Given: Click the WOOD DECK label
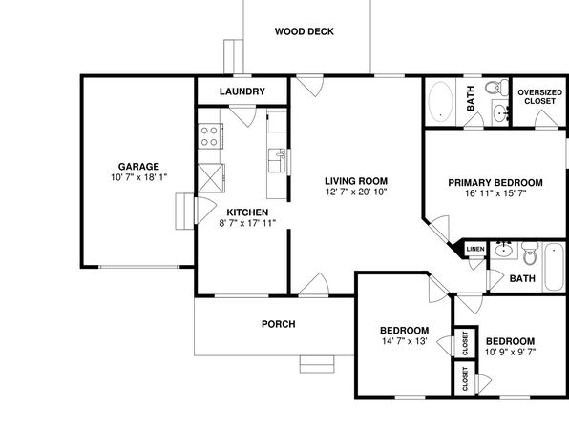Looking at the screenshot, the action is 305,31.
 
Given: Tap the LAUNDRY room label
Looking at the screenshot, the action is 242,91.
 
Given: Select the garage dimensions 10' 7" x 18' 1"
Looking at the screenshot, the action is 139,177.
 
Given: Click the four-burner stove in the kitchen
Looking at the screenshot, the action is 210,136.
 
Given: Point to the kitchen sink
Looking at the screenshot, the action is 277,160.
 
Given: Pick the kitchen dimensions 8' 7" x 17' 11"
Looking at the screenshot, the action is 247,223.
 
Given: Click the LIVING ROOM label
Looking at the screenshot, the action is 356,181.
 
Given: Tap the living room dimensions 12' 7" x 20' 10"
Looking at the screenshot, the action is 356,192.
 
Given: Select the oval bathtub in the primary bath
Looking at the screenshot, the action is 440,101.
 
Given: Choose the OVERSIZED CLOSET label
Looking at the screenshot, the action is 540,97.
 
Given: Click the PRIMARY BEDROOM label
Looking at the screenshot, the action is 495,183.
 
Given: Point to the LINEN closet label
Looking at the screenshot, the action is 475,249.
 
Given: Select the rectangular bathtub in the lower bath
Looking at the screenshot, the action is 554,267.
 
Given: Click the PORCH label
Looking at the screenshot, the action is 279,324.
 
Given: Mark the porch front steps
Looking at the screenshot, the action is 317,364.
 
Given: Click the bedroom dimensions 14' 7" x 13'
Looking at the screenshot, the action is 405,341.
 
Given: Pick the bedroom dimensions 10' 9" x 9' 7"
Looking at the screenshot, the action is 510,352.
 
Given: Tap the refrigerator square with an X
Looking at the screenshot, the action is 211,178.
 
